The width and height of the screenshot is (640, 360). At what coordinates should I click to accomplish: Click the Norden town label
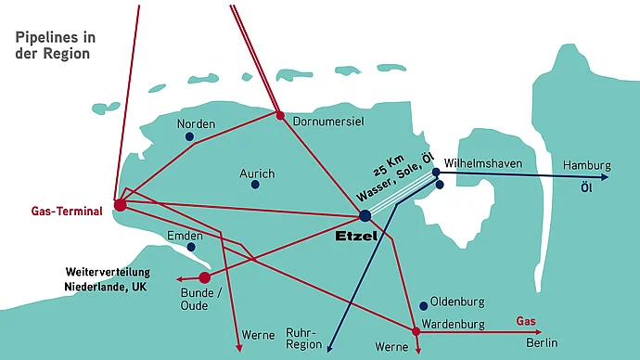[x=196, y=124]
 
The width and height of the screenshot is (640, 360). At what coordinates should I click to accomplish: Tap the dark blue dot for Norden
[x=189, y=137]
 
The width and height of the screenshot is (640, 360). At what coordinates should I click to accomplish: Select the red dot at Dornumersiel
[x=279, y=116]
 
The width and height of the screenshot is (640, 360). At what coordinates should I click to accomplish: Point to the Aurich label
[x=256, y=174]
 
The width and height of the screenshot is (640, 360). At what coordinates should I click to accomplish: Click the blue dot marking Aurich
[x=255, y=185]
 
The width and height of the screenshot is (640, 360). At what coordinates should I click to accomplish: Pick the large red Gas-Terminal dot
[x=120, y=205]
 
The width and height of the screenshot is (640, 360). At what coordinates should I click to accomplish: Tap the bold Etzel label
[x=357, y=237]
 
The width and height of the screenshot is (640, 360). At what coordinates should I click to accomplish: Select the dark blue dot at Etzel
[x=365, y=215]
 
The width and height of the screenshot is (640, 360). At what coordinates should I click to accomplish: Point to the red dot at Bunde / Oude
[x=205, y=277]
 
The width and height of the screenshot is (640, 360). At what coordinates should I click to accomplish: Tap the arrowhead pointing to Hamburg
[x=605, y=176]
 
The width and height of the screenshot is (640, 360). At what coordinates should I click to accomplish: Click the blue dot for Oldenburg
[x=423, y=304]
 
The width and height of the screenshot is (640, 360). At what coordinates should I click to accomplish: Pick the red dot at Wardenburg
[x=415, y=330]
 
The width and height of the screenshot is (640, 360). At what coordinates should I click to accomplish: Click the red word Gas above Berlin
[x=526, y=321]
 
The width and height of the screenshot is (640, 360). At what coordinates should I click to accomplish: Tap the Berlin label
[x=542, y=343]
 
